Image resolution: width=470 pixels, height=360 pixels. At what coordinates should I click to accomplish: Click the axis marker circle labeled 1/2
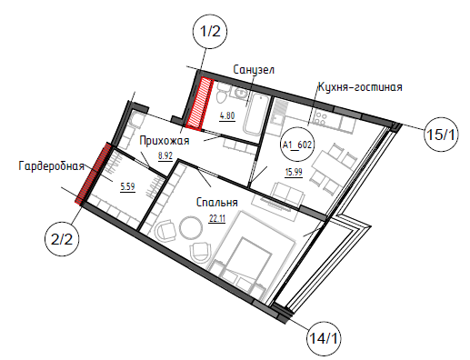coord(210,31)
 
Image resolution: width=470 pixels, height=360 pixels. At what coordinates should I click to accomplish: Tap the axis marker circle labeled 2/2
coord(62,239)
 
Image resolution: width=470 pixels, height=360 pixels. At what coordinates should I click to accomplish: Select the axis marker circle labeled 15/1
coord(441,135)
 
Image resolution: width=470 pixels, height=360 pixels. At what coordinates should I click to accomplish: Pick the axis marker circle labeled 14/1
coord(324,337)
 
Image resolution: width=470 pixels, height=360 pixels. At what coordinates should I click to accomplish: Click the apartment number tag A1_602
coord(297,145)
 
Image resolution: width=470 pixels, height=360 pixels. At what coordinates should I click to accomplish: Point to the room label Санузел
coord(254,70)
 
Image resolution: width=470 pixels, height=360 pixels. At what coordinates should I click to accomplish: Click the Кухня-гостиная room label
coord(360,87)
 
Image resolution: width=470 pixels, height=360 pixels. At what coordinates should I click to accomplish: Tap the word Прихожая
coord(165,141)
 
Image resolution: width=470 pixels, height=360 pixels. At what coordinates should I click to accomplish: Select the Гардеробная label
coord(52,166)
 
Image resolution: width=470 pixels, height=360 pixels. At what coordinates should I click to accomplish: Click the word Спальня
coord(217,203)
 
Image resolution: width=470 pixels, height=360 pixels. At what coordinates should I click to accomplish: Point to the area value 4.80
coord(227,116)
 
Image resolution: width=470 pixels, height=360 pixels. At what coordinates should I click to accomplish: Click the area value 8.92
coord(165,156)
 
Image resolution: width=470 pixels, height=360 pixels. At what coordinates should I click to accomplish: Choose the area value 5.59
coord(127,187)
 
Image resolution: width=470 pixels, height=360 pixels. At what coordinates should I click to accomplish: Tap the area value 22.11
coord(217,218)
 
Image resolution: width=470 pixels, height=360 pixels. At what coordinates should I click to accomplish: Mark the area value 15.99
coord(294,172)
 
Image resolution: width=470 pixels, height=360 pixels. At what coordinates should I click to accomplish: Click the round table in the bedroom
coord(191,227)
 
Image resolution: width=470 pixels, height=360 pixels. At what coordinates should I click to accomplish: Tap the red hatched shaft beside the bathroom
coord(200,104)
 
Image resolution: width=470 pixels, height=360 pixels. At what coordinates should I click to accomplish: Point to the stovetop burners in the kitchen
coord(321,119)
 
